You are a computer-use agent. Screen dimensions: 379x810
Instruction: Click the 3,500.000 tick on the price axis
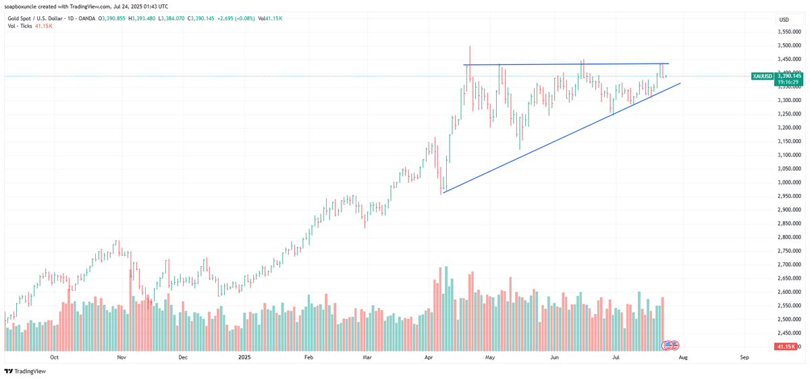788,45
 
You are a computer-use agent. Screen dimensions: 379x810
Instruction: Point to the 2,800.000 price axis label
788,237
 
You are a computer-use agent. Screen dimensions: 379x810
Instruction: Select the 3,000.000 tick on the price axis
788,182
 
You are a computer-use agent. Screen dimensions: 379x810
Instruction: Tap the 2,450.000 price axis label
788,332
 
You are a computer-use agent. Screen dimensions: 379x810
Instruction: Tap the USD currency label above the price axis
784,20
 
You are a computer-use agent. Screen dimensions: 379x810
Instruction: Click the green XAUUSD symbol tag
763,76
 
